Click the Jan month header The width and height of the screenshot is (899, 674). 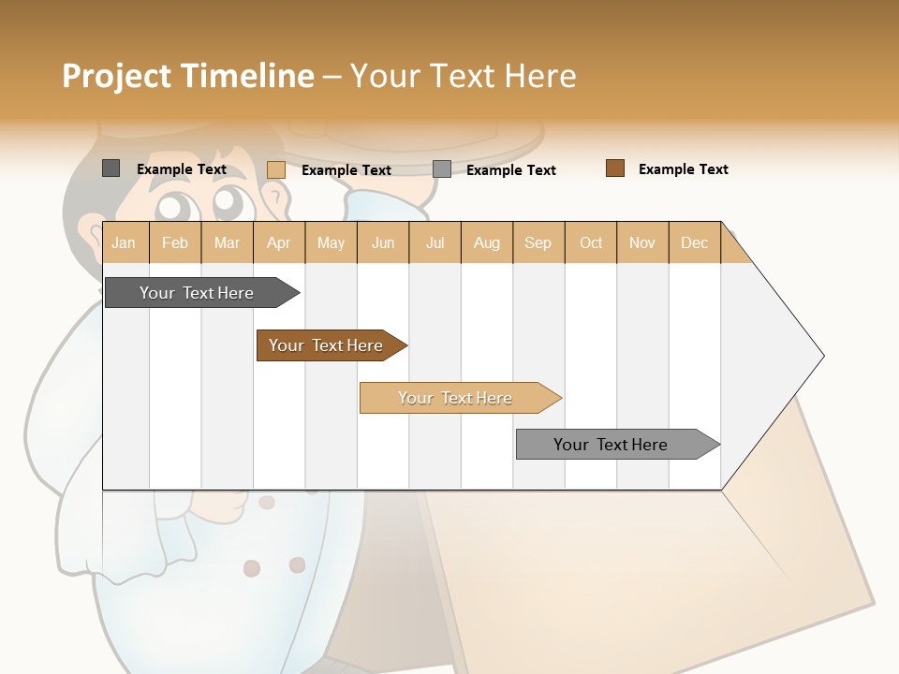pos(125,243)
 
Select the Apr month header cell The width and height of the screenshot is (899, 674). pos(278,243)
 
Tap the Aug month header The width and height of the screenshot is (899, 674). pos(486,243)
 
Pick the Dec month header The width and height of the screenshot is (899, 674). pos(694,243)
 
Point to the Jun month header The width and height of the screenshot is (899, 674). pos(383,243)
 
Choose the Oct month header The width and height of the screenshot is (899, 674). pos(591,243)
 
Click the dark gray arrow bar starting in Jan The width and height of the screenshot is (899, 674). pos(197,293)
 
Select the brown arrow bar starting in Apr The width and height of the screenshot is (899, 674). pos(326,345)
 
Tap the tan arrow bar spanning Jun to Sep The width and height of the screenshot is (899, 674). pos(455,398)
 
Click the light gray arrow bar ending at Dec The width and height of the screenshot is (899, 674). pos(611,445)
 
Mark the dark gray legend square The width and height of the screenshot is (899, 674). pos(111,168)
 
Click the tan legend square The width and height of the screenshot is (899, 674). pos(275,169)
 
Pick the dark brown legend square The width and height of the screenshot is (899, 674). pos(615,168)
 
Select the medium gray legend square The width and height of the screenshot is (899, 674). pos(442,169)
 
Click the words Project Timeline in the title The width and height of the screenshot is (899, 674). pos(187,76)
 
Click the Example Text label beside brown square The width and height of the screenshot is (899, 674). pos(683,169)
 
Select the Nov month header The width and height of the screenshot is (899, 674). pos(642,243)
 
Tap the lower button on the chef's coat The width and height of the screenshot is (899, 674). pos(252,568)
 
